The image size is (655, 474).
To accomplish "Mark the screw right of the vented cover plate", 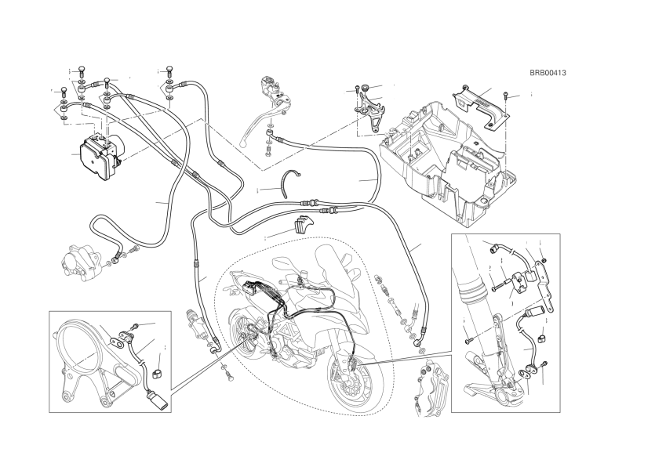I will coord(508,96).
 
